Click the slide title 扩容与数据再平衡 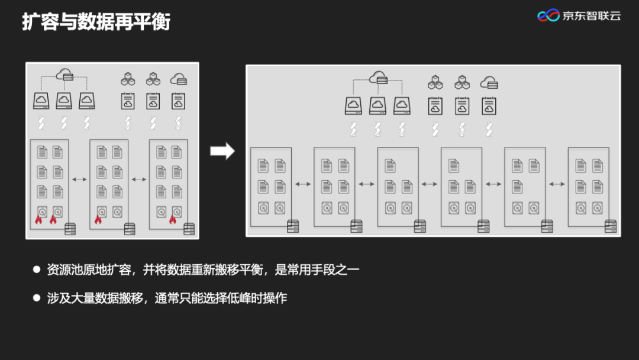pyautogui.click(x=96, y=22)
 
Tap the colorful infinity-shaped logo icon pyautogui.click(x=548, y=16)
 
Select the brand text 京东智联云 pyautogui.click(x=591, y=16)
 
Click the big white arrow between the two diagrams pyautogui.click(x=222, y=151)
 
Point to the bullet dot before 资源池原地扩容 pyautogui.click(x=36, y=269)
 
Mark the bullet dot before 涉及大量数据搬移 pyautogui.click(x=36, y=298)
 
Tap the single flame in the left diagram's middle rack pyautogui.click(x=98, y=220)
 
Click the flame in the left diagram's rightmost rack pyautogui.click(x=173, y=220)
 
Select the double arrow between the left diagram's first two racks pyautogui.click(x=79, y=179)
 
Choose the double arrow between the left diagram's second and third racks pyautogui.click(x=138, y=179)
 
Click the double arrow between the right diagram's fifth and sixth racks pyautogui.click(x=557, y=184)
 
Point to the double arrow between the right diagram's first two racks pyautogui.click(x=303, y=184)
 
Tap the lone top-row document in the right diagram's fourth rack pyautogui.click(x=454, y=166)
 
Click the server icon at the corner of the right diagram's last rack pyautogui.click(x=611, y=226)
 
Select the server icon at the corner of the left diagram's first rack pyautogui.click(x=70, y=228)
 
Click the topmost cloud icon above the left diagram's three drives pyautogui.click(x=64, y=75)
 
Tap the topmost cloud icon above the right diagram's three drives pyautogui.click(x=377, y=78)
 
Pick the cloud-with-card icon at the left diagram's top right pyautogui.click(x=178, y=79)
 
